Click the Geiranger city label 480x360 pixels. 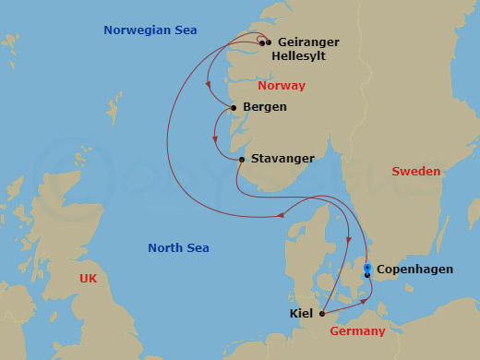point(309,42)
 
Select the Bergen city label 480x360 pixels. point(264,107)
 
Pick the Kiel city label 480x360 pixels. point(301,314)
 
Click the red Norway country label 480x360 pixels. point(282,86)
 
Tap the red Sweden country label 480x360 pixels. point(415,172)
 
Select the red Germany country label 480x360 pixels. point(357,331)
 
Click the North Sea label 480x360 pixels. point(178,248)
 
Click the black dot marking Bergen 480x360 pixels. point(234,108)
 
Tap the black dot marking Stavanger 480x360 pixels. point(242,160)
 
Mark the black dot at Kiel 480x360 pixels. point(321,314)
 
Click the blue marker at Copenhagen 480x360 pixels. point(367,269)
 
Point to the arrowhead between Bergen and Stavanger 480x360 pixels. point(214,140)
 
